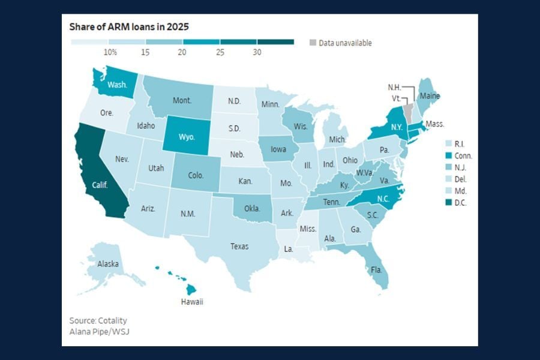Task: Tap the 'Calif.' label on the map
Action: [x=100, y=185]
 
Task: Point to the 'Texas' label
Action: [x=239, y=246]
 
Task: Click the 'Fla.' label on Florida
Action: [x=376, y=270]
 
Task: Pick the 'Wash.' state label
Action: [x=117, y=85]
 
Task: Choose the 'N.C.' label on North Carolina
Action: [x=384, y=199]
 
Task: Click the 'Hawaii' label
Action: [x=192, y=302]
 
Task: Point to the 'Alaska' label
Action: [x=108, y=264]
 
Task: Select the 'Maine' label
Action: [x=430, y=96]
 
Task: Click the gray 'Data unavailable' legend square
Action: [x=313, y=43]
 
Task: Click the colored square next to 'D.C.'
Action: [x=448, y=203]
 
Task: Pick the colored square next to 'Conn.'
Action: [x=448, y=155]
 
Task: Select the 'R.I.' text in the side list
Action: [x=461, y=144]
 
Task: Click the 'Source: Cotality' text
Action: [x=98, y=320]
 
